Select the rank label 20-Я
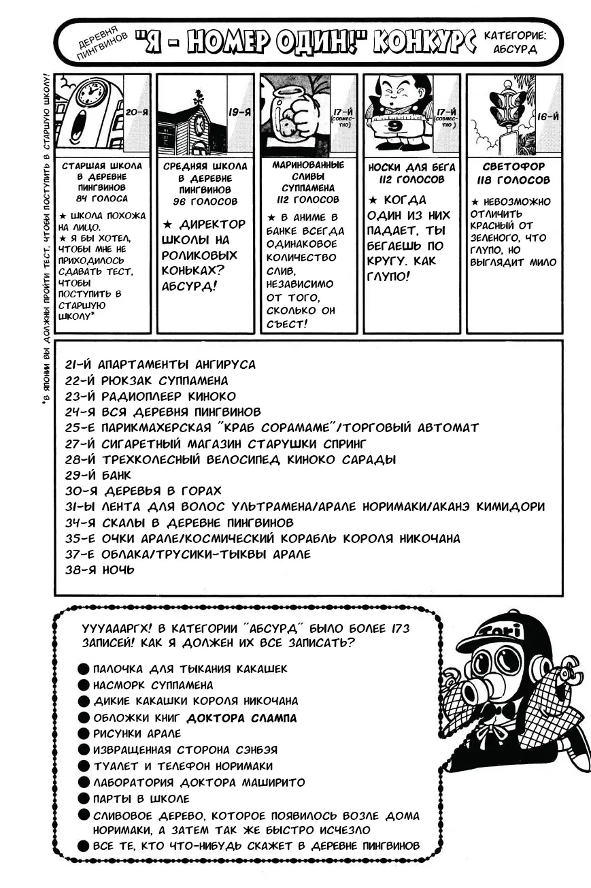(x=137, y=111)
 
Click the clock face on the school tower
(x=90, y=93)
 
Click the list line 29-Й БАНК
(x=99, y=475)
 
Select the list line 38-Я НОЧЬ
(x=100, y=570)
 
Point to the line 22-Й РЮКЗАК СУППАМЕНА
(x=147, y=380)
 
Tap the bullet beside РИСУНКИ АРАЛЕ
(x=83, y=734)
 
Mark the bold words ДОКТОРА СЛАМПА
(x=241, y=717)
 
